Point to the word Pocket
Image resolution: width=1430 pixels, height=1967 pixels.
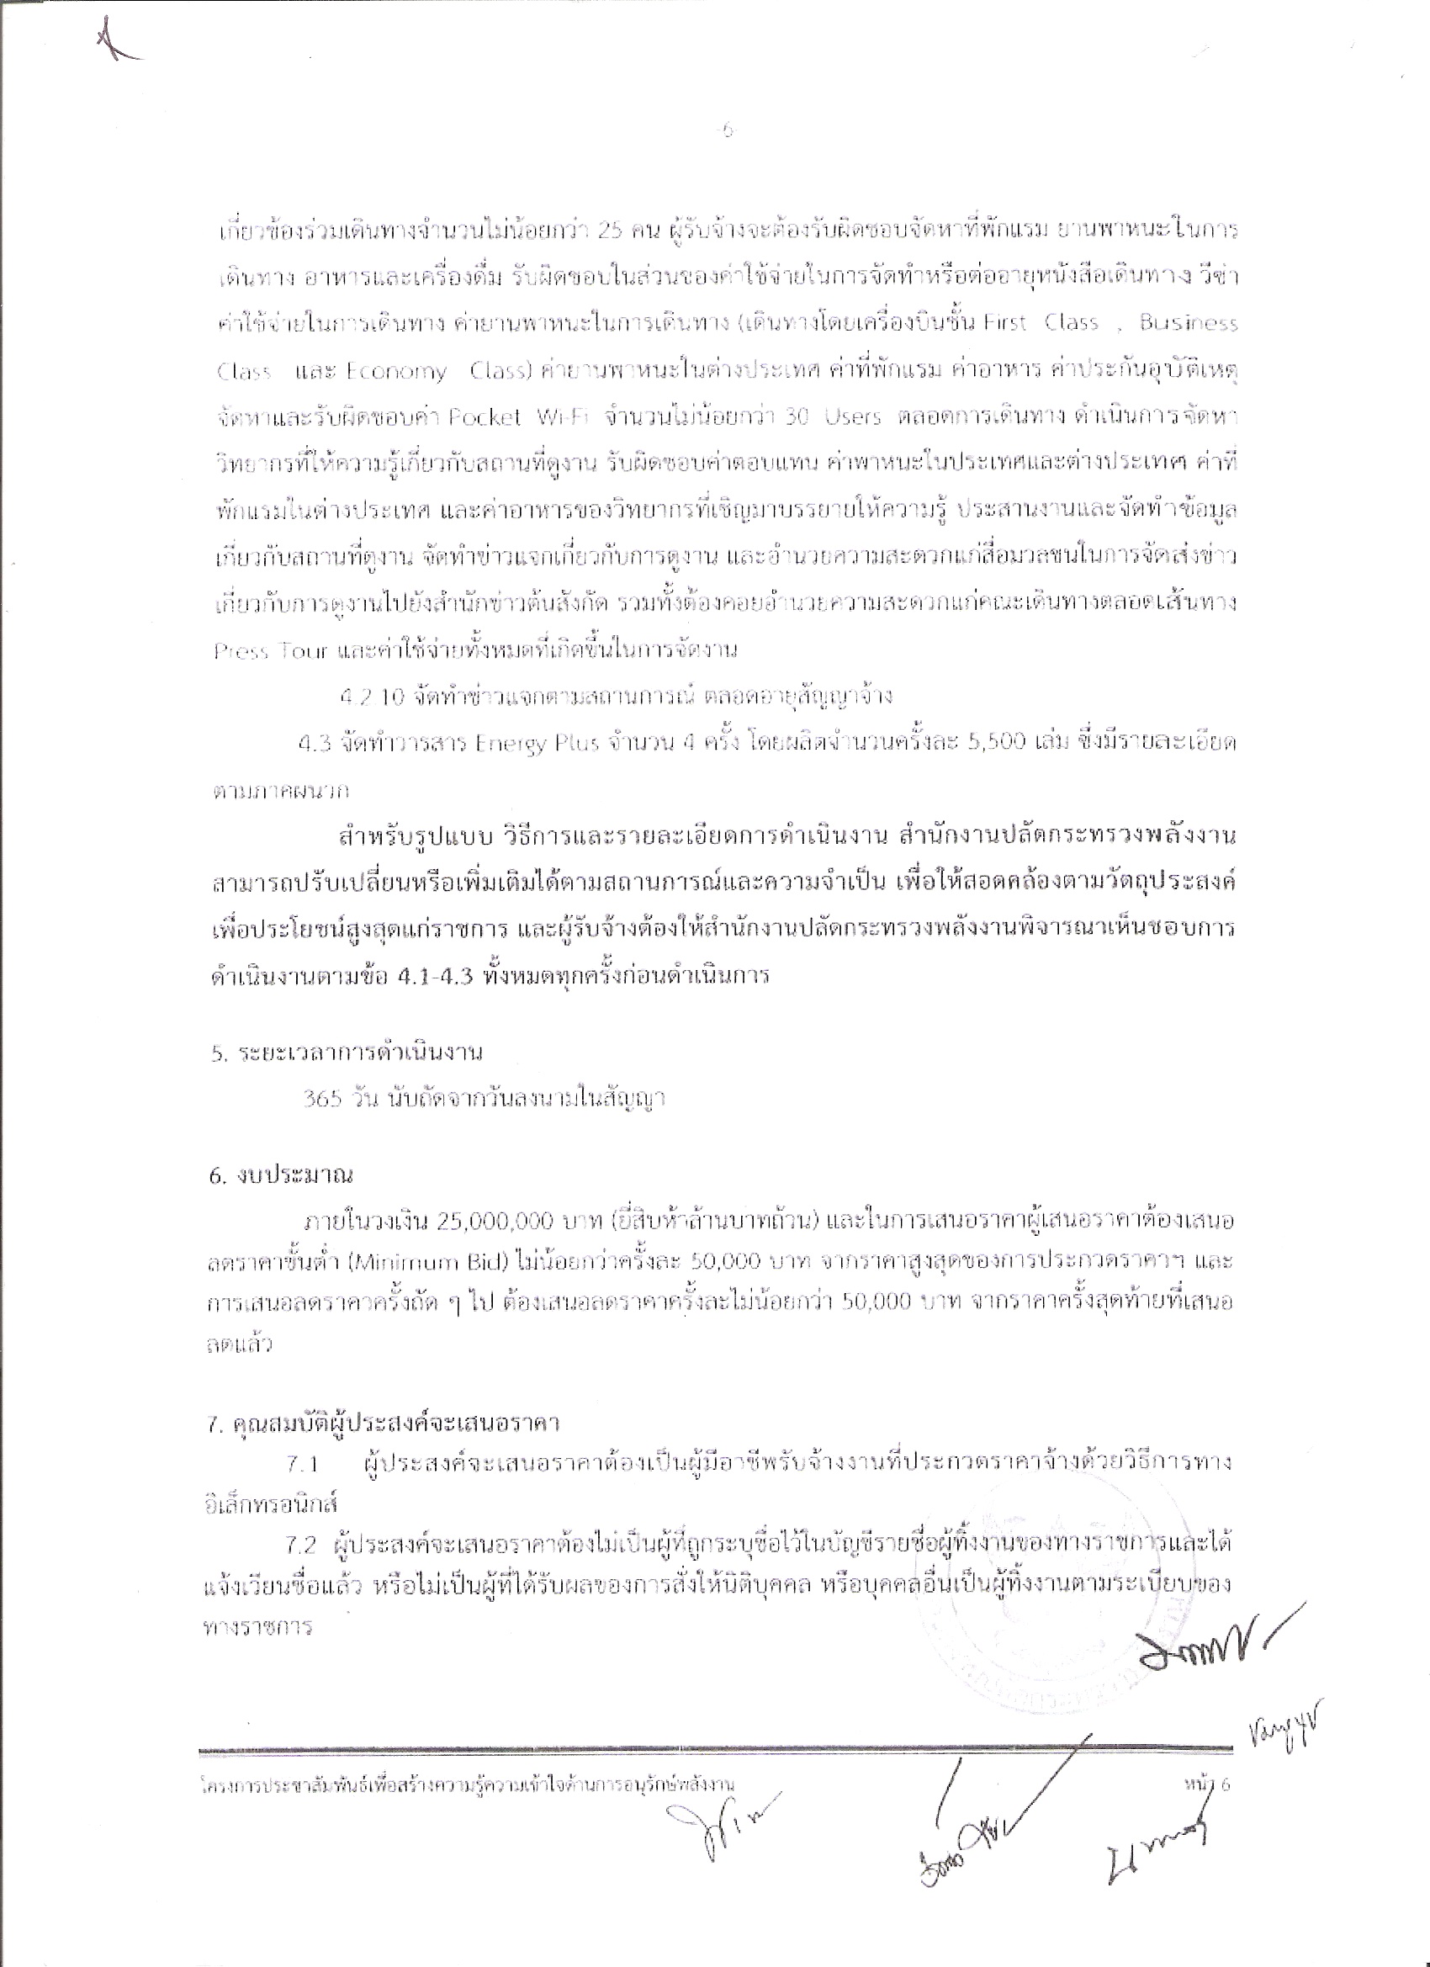point(485,416)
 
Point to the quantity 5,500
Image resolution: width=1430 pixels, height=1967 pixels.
point(997,743)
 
